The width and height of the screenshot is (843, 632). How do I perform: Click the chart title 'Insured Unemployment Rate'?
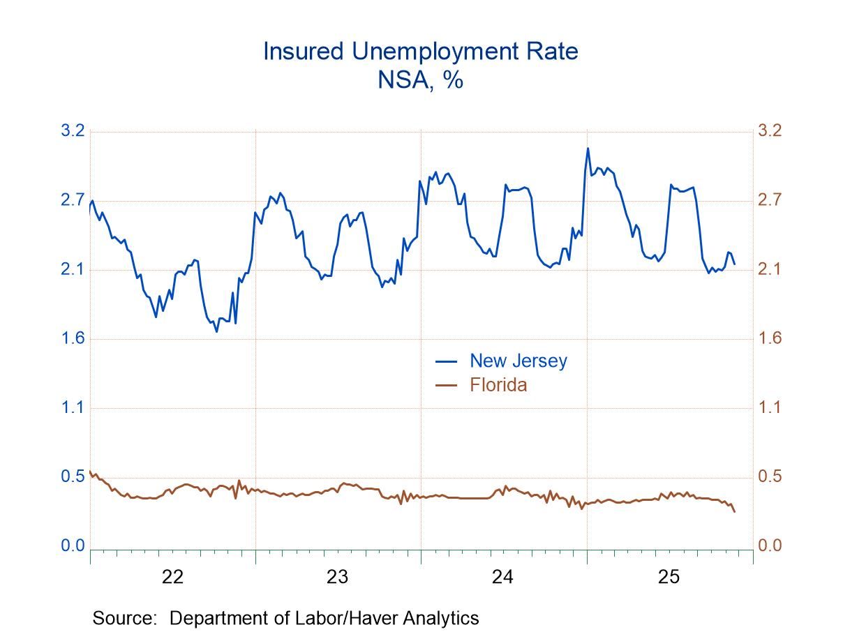pyautogui.click(x=421, y=51)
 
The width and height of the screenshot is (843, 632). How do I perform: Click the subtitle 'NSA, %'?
pyautogui.click(x=421, y=80)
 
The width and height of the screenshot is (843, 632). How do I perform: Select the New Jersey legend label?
pyautogui.click(x=518, y=361)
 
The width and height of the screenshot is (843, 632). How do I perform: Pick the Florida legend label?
pyautogui.click(x=498, y=384)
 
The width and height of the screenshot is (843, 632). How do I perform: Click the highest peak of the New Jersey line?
pyautogui.click(x=588, y=148)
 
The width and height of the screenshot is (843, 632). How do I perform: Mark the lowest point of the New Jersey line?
pyautogui.click(x=216, y=331)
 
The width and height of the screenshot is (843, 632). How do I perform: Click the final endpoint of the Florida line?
pyautogui.click(x=734, y=512)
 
